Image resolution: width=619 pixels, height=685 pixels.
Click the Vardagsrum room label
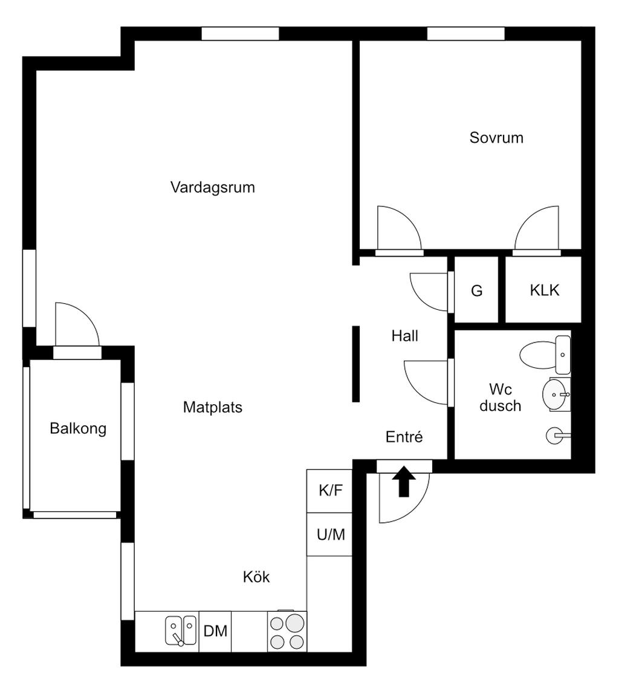pos(213,188)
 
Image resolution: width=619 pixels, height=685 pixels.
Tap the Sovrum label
pos(496,137)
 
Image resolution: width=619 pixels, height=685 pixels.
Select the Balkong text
pos(78,428)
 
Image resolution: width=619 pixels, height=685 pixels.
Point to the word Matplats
pos(213,407)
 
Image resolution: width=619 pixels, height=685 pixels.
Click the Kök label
pos(256,577)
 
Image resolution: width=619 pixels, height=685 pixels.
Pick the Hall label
pos(404,336)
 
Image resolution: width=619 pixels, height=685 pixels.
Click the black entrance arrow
pos(404,482)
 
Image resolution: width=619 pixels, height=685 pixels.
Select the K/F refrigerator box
pos(329,491)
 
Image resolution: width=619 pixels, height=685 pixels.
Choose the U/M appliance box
pos(329,534)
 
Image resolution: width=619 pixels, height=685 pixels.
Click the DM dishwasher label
pos(216,631)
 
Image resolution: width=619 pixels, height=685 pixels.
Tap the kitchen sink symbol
pos(181,631)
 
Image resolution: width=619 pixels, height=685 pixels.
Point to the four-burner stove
pos(287,631)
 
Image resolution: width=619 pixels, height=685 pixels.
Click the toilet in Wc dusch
pos(545,355)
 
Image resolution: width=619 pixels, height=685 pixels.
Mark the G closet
pos(477,290)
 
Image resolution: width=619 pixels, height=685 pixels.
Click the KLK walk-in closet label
pos(545,290)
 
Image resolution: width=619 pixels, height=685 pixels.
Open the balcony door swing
pos(77,324)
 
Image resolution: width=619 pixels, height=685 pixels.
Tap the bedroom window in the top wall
pos(466,34)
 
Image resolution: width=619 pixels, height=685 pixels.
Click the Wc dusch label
pos(501,398)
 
